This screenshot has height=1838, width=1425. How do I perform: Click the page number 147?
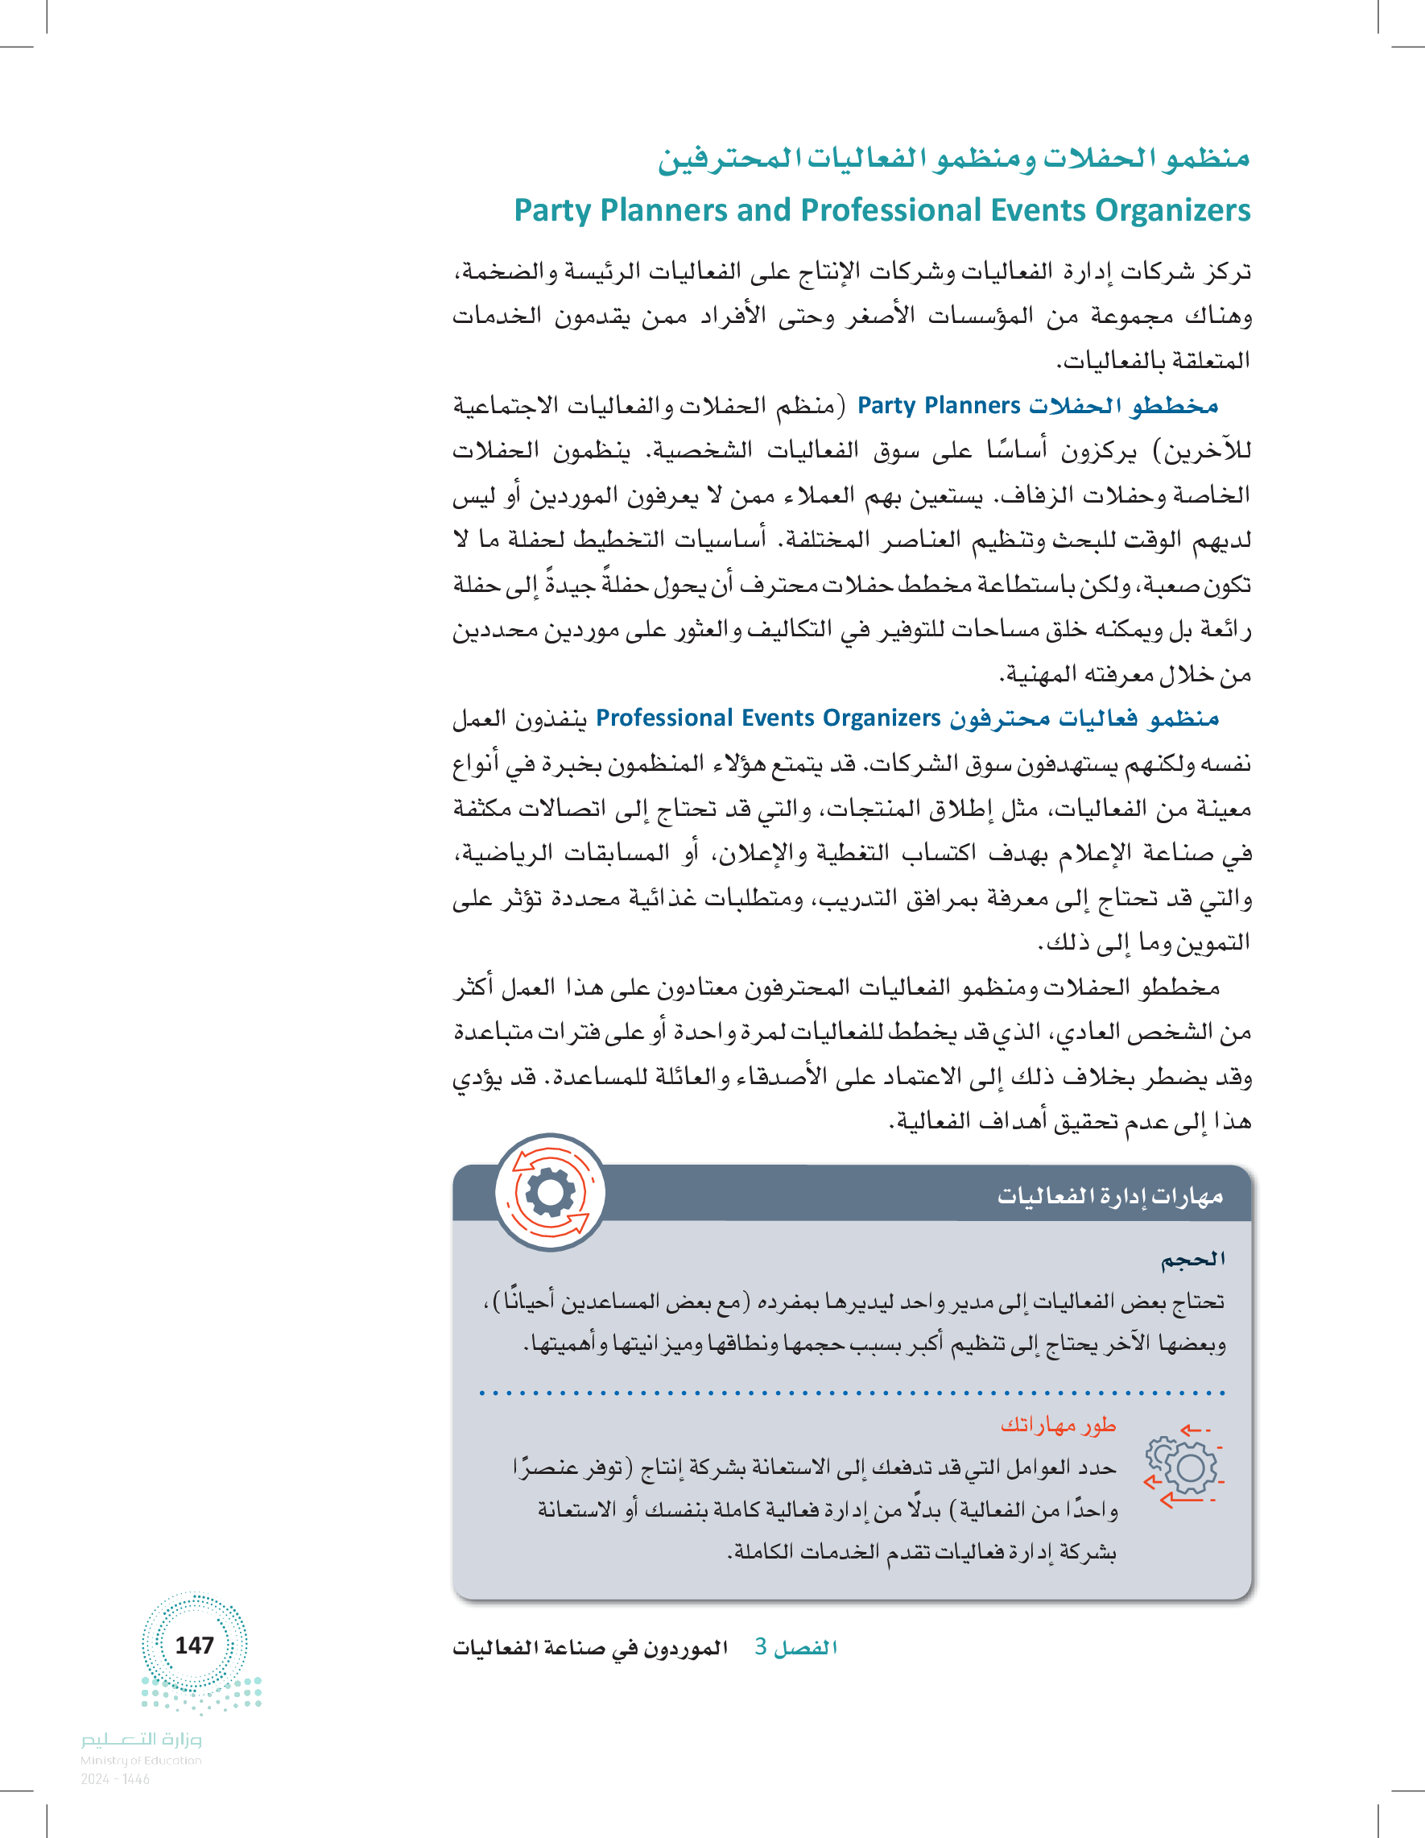click(194, 1646)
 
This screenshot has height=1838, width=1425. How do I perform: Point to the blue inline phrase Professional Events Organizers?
click(767, 718)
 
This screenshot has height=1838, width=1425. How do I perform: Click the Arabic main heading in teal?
click(953, 158)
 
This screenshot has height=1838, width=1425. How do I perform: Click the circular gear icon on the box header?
click(550, 1193)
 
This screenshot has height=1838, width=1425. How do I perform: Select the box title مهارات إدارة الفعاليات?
click(1109, 1196)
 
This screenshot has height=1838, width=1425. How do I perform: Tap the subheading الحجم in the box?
click(1192, 1260)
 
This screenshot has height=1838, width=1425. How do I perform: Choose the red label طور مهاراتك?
click(1057, 1425)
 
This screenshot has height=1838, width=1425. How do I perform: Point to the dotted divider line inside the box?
click(851, 1393)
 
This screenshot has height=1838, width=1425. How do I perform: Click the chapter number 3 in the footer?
click(761, 1647)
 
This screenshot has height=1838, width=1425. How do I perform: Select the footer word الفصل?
click(806, 1648)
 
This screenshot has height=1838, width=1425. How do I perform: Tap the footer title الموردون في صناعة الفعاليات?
click(589, 1648)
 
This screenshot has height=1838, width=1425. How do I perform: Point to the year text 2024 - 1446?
click(115, 1779)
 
